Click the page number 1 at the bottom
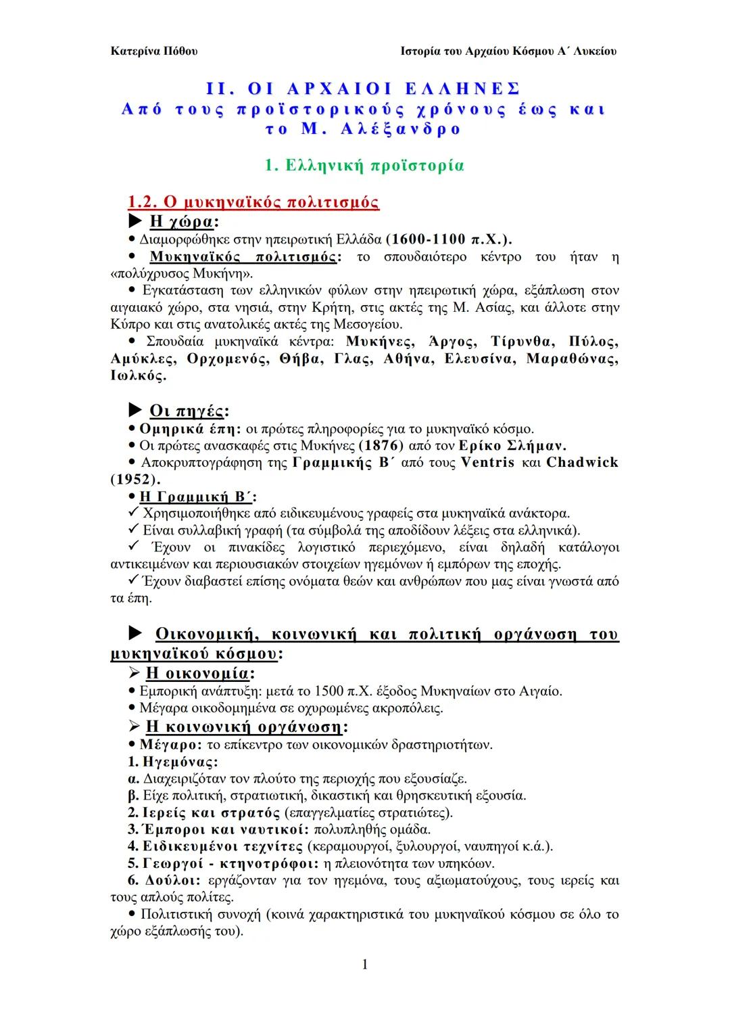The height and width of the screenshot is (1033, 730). pos(365,965)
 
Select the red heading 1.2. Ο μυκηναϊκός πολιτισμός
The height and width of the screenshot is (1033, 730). pos(253,202)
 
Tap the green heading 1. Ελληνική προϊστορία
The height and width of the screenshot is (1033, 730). pos(364,165)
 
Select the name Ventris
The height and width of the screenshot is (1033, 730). pos(487,463)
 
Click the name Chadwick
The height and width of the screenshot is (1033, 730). pos(582,463)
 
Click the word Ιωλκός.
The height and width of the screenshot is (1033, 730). pos(138,376)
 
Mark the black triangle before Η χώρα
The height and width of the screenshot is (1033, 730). pos(136,221)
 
